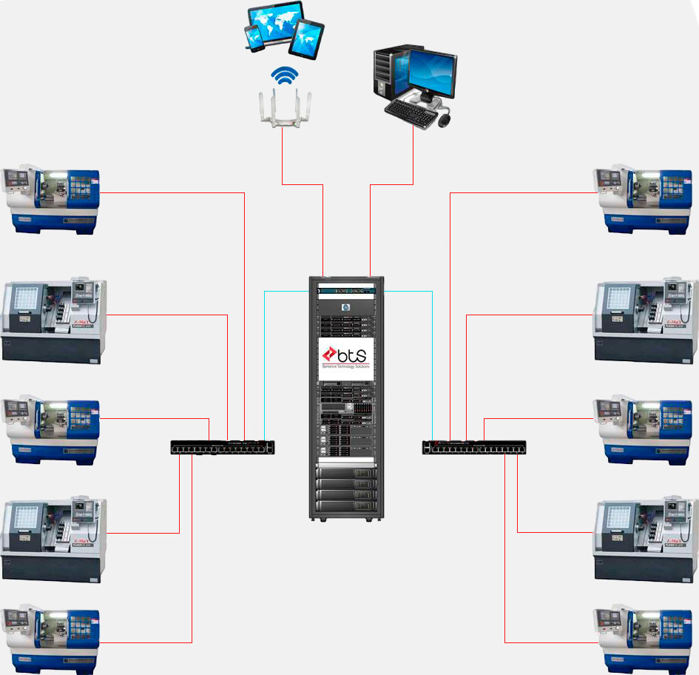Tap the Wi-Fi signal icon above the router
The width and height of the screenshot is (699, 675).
[x=284, y=76]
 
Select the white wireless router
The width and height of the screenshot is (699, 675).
[x=283, y=108]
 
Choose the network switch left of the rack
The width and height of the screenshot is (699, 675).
[x=223, y=447]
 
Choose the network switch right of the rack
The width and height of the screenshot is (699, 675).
[x=474, y=447]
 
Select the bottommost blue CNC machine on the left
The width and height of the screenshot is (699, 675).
[x=52, y=641]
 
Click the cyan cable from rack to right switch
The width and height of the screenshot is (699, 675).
[x=432, y=355]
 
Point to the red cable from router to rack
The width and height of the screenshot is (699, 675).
[x=323, y=222]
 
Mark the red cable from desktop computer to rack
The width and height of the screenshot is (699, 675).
[x=368, y=222]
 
